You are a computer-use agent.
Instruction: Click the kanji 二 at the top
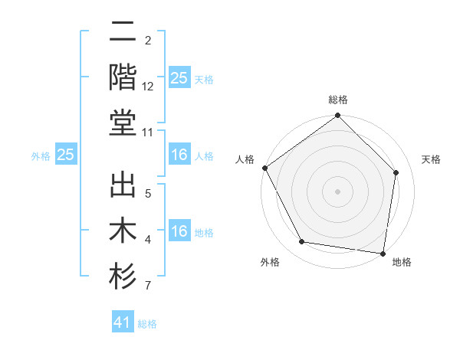tap(123, 34)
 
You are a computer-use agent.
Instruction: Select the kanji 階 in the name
tap(123, 77)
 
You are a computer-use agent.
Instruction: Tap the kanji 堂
tap(123, 123)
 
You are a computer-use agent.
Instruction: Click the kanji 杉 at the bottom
tap(123, 277)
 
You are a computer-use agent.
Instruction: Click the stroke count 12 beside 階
tap(148, 87)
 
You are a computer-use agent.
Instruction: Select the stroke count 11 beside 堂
tap(148, 133)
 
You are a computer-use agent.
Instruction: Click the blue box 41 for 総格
tap(123, 322)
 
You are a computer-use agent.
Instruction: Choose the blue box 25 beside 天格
tap(179, 77)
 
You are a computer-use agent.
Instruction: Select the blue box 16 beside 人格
tap(179, 155)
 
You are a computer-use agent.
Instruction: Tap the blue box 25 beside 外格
tap(65, 155)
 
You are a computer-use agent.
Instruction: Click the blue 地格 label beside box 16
tap(204, 233)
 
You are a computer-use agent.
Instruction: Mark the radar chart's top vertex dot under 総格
tap(337, 116)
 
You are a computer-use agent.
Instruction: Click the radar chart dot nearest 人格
tap(264, 168)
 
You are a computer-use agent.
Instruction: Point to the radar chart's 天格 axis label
tap(432, 159)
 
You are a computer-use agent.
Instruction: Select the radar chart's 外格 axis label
tap(270, 263)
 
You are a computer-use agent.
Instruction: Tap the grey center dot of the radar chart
tap(337, 191)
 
